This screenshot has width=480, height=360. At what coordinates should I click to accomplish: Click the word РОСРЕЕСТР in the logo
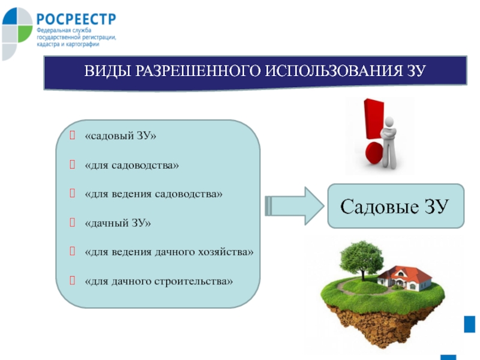coord(76,19)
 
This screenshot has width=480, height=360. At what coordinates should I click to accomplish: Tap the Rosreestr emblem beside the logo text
coord(17,33)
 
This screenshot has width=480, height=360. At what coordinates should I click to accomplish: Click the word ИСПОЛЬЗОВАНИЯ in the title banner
coord(334,71)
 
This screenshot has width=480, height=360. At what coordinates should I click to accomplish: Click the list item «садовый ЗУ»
coord(121,136)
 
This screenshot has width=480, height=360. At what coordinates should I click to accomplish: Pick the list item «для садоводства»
coord(131,166)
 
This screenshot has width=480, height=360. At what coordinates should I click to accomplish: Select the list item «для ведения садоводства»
coord(154,194)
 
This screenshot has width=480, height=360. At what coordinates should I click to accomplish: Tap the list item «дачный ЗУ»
coord(118,223)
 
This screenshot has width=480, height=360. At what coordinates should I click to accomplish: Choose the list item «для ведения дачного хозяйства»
coord(169,252)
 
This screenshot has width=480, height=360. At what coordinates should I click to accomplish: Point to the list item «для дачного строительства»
coord(158,281)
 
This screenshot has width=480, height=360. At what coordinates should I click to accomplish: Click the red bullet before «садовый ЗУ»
coord(72,135)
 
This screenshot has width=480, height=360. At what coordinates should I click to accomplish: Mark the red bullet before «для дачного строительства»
coord(72,280)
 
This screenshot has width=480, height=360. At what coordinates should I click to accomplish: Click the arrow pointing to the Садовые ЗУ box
coord(295,206)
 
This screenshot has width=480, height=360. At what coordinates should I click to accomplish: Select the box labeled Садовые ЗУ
coord(396,206)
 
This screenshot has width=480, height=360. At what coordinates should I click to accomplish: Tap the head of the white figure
coord(389,122)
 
